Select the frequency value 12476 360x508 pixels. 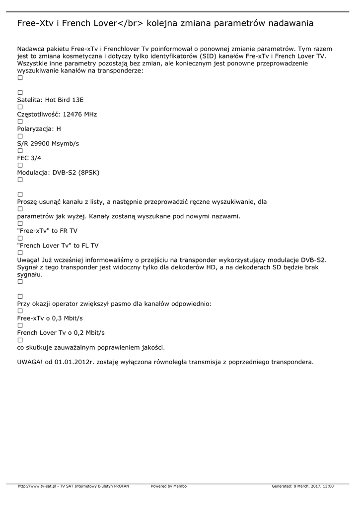tap(72, 115)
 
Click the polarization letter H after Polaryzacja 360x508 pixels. tap(59, 129)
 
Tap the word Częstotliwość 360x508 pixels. tap(39, 115)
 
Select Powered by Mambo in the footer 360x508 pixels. tap(169, 486)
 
